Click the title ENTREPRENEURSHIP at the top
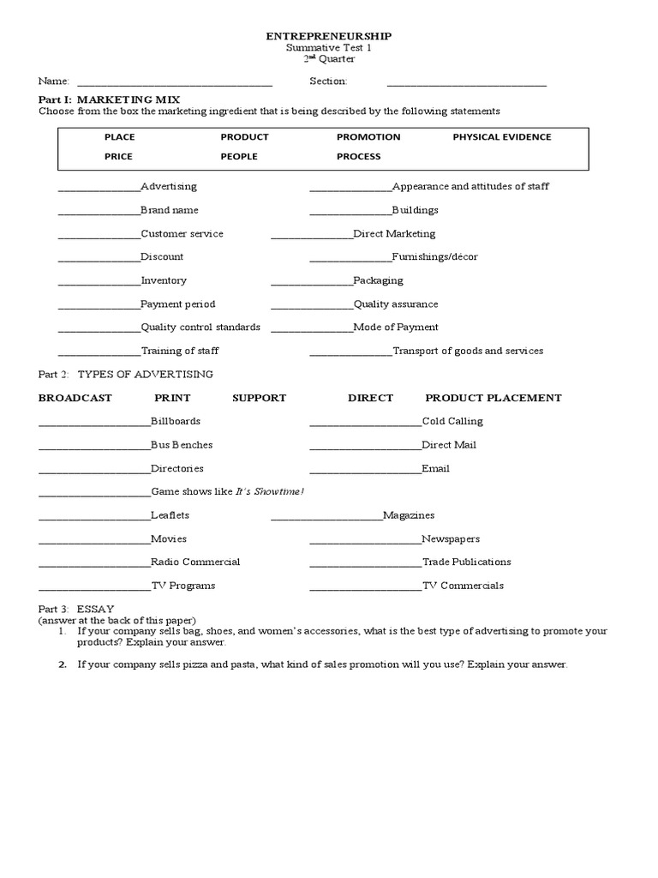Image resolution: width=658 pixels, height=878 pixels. (x=329, y=36)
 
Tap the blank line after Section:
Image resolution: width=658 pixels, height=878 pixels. (x=466, y=83)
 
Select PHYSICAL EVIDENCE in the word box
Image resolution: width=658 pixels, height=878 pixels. (x=502, y=137)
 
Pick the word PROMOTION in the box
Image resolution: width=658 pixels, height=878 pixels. (x=368, y=137)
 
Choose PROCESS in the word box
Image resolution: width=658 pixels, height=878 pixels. (x=359, y=157)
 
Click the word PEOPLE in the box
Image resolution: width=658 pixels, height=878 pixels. (x=239, y=157)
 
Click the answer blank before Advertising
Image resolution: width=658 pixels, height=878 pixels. (x=99, y=189)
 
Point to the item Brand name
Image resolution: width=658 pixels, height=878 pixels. (x=170, y=210)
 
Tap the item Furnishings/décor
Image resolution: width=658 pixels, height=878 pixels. (x=434, y=257)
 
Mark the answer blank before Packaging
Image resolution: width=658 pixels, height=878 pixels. (x=311, y=283)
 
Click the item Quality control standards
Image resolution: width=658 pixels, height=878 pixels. (x=200, y=328)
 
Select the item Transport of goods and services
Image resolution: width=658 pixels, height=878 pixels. (x=468, y=351)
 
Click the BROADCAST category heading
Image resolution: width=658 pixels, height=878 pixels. (x=75, y=398)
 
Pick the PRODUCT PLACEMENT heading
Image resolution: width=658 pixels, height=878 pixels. (x=493, y=398)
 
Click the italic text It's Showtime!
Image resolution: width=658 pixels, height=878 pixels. (x=270, y=492)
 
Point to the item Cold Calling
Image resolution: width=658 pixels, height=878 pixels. (x=452, y=422)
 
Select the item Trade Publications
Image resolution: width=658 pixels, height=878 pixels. (x=467, y=562)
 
